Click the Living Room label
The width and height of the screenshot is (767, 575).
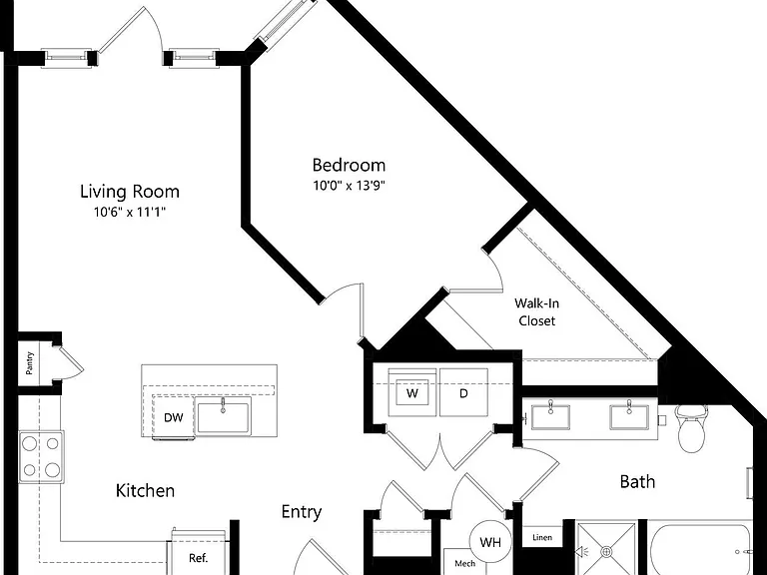(130, 192)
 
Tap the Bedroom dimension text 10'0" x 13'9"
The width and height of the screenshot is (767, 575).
(350, 186)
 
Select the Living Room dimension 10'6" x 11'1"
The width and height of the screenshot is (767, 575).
(130, 213)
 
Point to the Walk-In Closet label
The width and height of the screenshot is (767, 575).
(536, 311)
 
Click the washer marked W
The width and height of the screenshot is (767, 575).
(412, 392)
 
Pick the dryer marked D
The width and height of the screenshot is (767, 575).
(463, 392)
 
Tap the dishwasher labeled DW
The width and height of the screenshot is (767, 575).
(173, 417)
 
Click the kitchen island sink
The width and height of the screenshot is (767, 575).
(223, 415)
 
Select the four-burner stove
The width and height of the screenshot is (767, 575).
(41, 457)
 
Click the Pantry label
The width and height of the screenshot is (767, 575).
(30, 362)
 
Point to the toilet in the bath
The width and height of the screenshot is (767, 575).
(692, 428)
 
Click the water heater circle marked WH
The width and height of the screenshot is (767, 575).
(490, 542)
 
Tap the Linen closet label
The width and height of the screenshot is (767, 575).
(542, 537)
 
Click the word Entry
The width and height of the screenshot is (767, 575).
(302, 512)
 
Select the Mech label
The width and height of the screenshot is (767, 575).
(464, 564)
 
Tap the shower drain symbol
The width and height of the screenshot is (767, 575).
(606, 552)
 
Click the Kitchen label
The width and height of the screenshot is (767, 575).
(145, 490)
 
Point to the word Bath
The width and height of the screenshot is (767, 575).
(637, 481)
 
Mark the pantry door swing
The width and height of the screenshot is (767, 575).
(71, 361)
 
